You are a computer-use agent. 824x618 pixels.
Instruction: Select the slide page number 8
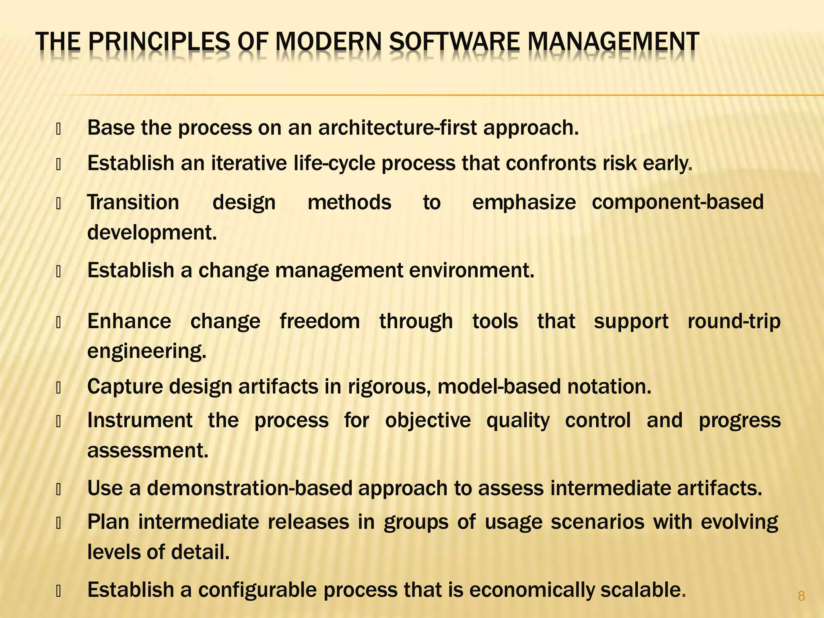pyautogui.click(x=801, y=596)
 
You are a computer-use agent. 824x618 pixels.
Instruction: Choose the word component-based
pyautogui.click(x=678, y=202)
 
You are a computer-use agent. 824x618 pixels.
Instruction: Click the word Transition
pyautogui.click(x=133, y=202)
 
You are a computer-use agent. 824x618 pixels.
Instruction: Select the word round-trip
pyautogui.click(x=734, y=321)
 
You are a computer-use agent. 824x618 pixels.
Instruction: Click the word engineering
pyautogui.click(x=147, y=351)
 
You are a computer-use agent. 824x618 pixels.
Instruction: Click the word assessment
pyautogui.click(x=148, y=450)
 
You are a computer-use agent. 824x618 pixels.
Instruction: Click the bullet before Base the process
pyautogui.click(x=58, y=130)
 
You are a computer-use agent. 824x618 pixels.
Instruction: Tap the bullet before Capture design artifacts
pyautogui.click(x=58, y=388)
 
